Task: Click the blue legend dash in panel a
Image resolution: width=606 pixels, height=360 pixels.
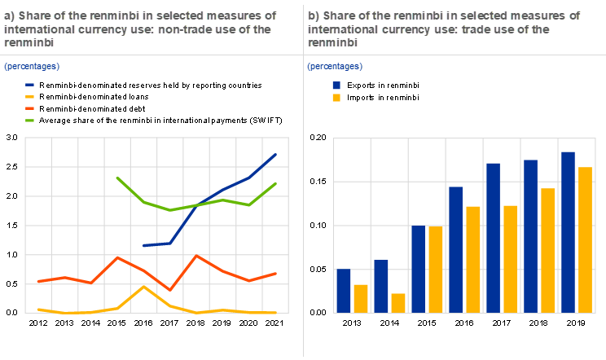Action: (x=29, y=84)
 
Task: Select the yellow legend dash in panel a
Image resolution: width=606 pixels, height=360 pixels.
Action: (x=29, y=96)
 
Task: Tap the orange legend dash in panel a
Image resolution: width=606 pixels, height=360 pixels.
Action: (x=29, y=108)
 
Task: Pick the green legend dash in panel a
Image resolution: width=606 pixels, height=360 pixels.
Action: (x=29, y=121)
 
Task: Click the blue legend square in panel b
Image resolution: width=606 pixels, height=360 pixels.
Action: (x=337, y=85)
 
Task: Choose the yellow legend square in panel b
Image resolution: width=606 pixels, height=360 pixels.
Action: (x=337, y=98)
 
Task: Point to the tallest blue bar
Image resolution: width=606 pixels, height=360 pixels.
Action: (x=569, y=231)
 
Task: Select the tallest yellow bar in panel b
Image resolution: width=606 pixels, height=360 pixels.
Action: (x=585, y=239)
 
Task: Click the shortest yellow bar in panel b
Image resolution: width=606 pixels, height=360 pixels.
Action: (x=398, y=303)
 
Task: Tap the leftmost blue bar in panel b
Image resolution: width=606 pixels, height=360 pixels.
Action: (x=344, y=291)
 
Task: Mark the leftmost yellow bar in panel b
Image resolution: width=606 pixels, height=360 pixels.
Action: (x=361, y=298)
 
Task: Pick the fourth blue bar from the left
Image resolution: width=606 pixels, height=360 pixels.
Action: (x=456, y=249)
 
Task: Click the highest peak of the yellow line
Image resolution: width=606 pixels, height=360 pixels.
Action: (x=143, y=287)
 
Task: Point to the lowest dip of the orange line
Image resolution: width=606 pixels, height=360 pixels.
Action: (x=169, y=289)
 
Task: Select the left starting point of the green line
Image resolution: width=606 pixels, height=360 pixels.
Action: (x=117, y=177)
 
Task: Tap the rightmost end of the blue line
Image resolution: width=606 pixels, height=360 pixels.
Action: (x=277, y=154)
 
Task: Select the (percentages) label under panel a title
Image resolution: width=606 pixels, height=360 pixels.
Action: (x=32, y=65)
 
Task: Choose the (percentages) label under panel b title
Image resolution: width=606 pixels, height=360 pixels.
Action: (x=335, y=65)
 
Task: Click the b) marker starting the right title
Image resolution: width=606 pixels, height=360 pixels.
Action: (x=314, y=15)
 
